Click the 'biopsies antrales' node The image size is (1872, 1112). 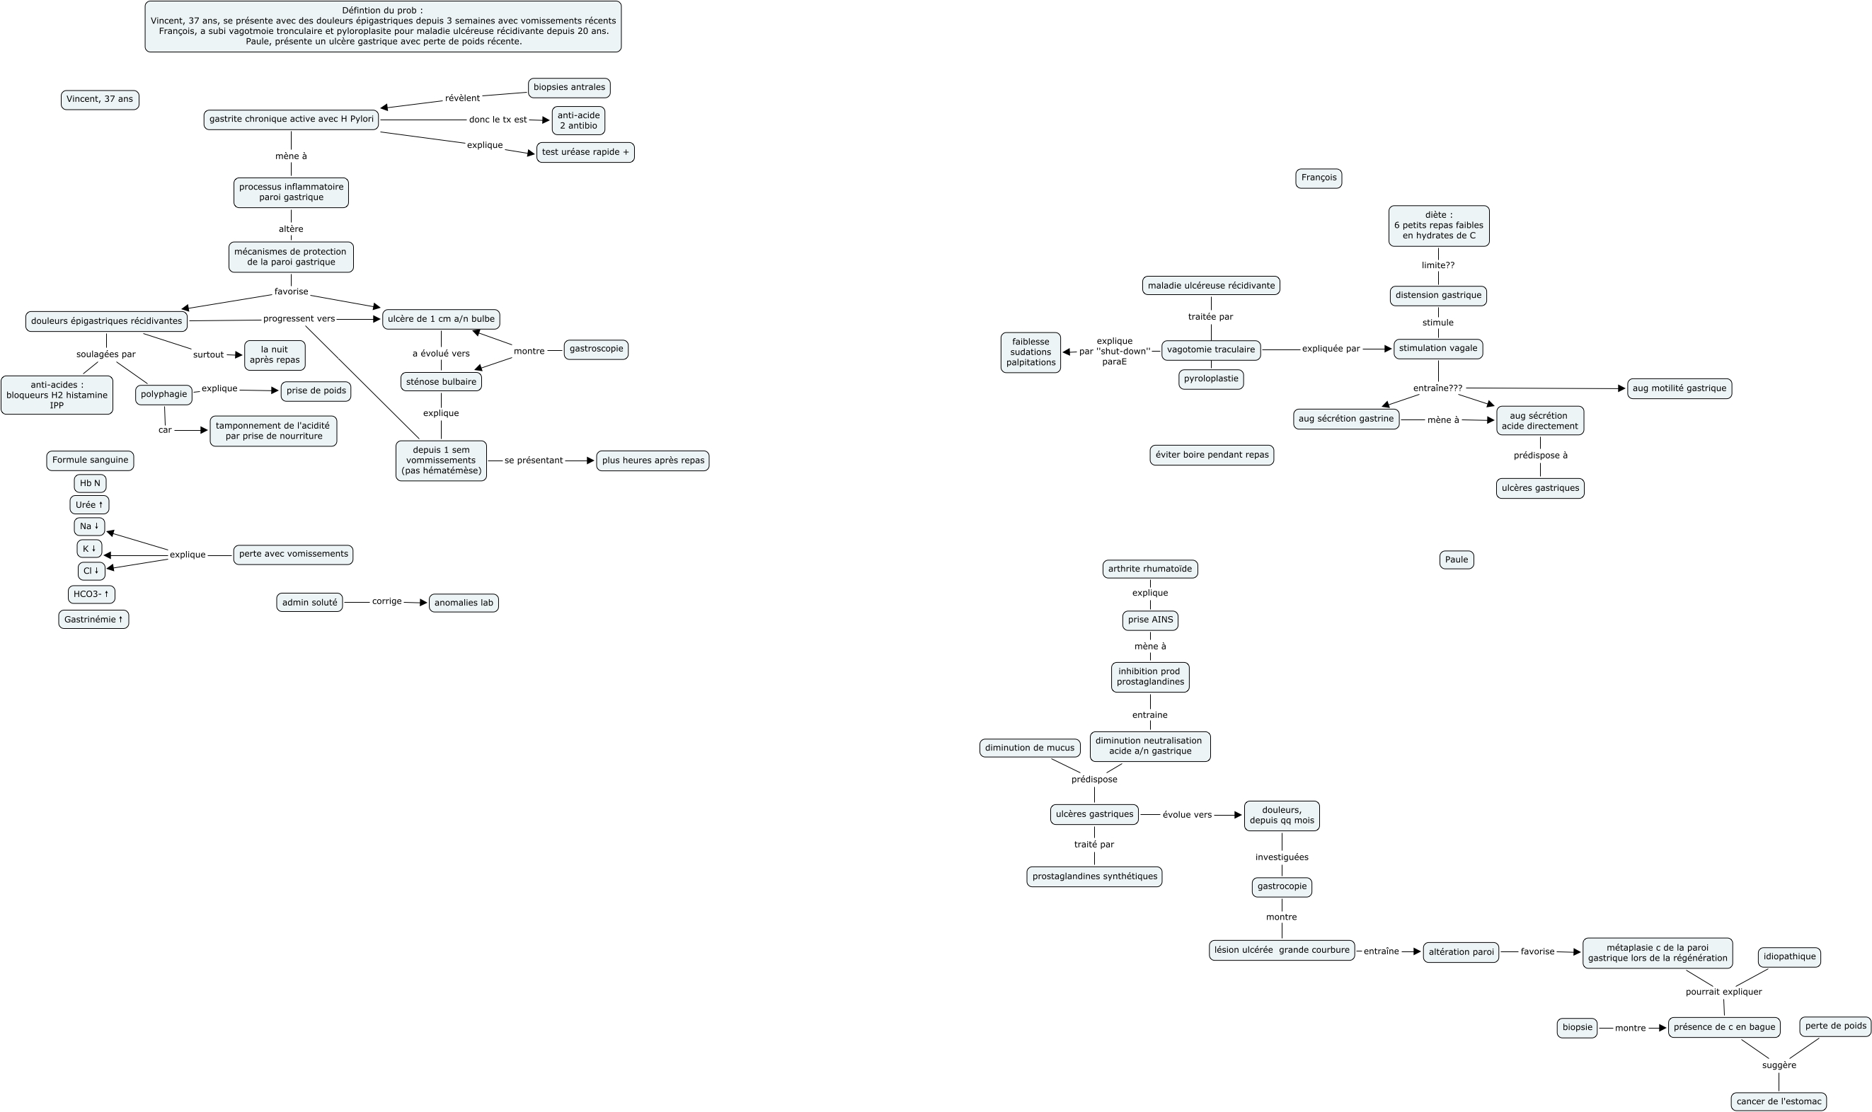(x=569, y=88)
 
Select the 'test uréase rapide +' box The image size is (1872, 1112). (x=585, y=152)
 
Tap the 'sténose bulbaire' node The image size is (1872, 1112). (x=441, y=382)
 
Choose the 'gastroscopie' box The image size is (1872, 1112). (x=596, y=349)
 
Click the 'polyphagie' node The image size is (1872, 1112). (x=163, y=394)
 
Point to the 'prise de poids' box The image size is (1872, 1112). (x=316, y=391)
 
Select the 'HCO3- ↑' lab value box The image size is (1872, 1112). (x=91, y=594)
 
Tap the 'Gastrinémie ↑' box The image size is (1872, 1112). (x=93, y=620)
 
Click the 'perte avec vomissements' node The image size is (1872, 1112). (x=293, y=555)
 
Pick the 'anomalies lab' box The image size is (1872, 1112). (x=464, y=603)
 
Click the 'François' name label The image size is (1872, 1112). (x=1319, y=178)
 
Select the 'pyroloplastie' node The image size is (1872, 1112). (x=1211, y=379)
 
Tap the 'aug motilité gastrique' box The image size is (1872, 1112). (x=1679, y=389)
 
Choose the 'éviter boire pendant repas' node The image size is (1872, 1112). (x=1212, y=455)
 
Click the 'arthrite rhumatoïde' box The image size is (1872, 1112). (x=1150, y=569)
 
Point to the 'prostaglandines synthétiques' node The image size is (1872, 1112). (x=1093, y=876)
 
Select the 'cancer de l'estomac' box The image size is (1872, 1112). (x=1779, y=1101)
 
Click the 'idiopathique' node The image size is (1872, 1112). (x=1788, y=957)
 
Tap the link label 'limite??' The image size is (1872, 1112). (x=1438, y=265)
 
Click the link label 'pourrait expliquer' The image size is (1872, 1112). (x=1723, y=992)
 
